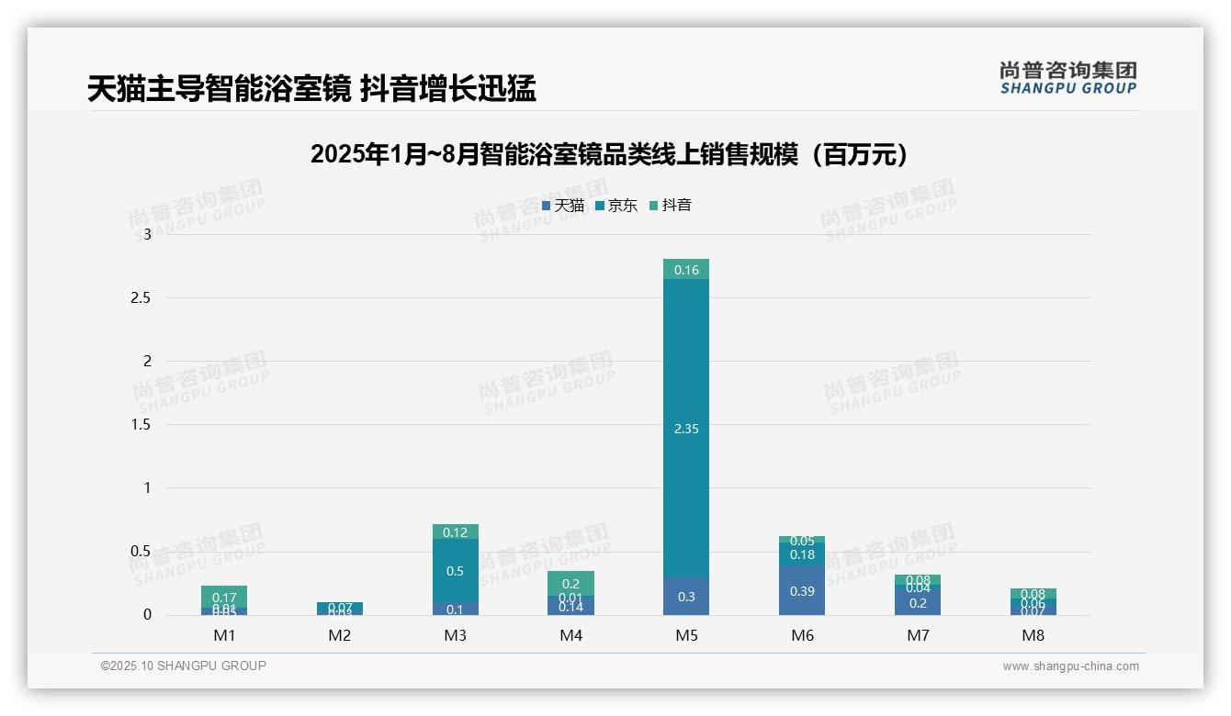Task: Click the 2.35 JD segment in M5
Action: (686, 429)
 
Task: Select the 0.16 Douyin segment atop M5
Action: (686, 270)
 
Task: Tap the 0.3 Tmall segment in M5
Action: (686, 597)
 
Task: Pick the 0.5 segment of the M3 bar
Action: (456, 571)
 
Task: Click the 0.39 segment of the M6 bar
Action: (802, 591)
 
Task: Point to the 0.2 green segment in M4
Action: (570, 584)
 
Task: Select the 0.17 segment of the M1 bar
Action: (224, 597)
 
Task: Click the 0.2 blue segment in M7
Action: (918, 602)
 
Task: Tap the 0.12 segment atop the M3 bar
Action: (456, 532)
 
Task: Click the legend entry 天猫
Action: (563, 206)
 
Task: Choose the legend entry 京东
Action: (616, 206)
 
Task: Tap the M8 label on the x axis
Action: (1033, 635)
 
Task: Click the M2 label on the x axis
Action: (340, 635)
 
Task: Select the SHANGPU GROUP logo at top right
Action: (1068, 78)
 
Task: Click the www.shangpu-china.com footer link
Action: (1070, 666)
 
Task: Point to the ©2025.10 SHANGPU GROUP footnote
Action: (184, 666)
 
